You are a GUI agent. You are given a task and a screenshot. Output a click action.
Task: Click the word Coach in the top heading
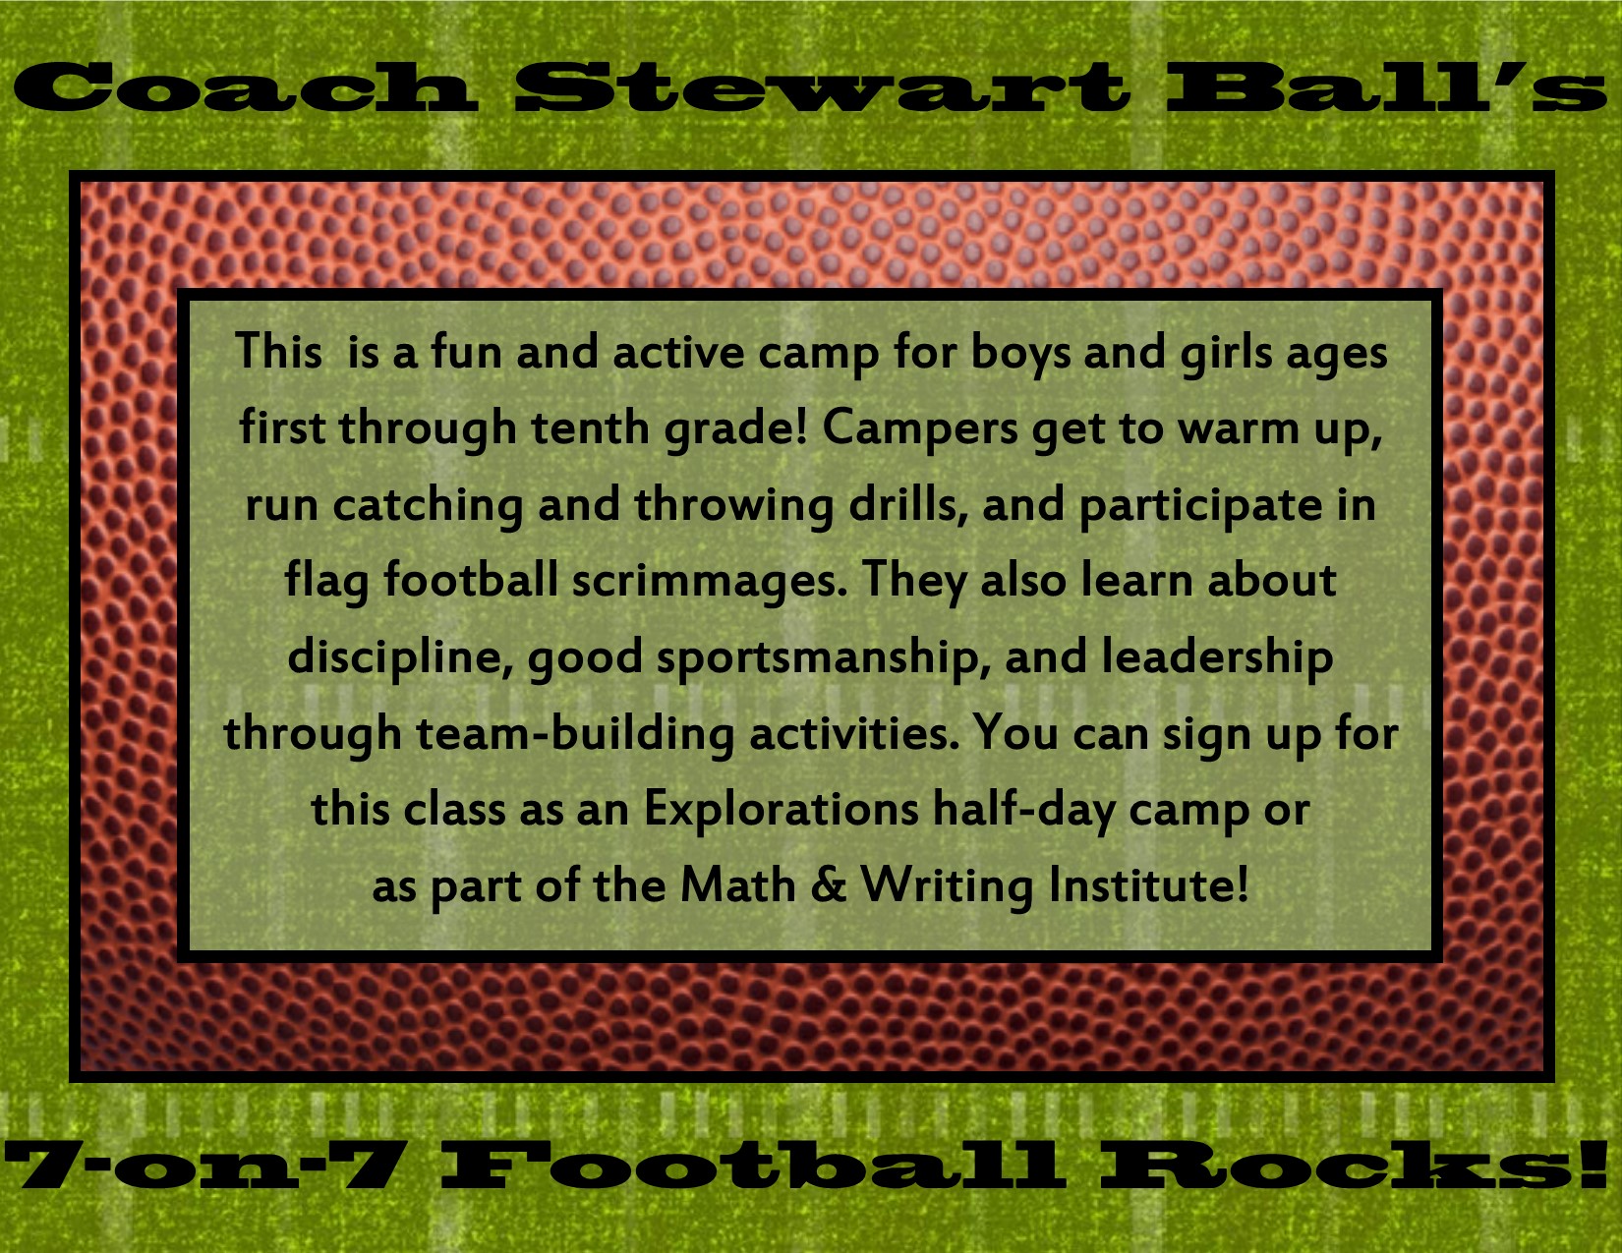(x=245, y=87)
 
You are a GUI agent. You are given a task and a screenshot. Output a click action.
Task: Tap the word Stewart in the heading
(x=821, y=87)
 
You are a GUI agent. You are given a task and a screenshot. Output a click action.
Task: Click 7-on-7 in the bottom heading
(x=202, y=1165)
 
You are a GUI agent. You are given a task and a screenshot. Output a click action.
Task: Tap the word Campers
(x=919, y=430)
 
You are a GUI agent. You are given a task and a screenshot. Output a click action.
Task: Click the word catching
(x=428, y=506)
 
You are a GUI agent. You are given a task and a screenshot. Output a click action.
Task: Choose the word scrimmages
(x=710, y=582)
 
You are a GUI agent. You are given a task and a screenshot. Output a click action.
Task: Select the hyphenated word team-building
(x=575, y=734)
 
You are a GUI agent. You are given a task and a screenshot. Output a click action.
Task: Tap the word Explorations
(x=781, y=809)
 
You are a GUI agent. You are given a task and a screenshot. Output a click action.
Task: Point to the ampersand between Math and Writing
(x=828, y=885)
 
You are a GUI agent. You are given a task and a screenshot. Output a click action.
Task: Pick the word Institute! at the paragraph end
(x=1148, y=885)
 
